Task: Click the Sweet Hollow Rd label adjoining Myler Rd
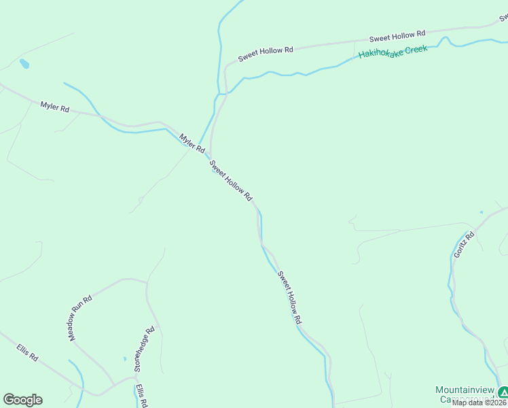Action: (231, 180)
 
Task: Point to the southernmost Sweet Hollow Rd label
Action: (289, 298)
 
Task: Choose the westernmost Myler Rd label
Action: (55, 107)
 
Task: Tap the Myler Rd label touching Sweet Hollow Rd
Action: (192, 142)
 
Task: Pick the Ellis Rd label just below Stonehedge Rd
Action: (141, 396)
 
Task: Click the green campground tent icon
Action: (503, 392)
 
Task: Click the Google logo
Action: (22, 400)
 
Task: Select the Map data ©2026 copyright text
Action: (479, 403)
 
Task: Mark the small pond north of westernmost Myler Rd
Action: (24, 64)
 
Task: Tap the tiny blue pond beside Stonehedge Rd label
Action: (125, 358)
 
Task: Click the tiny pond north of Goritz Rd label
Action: (481, 212)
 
